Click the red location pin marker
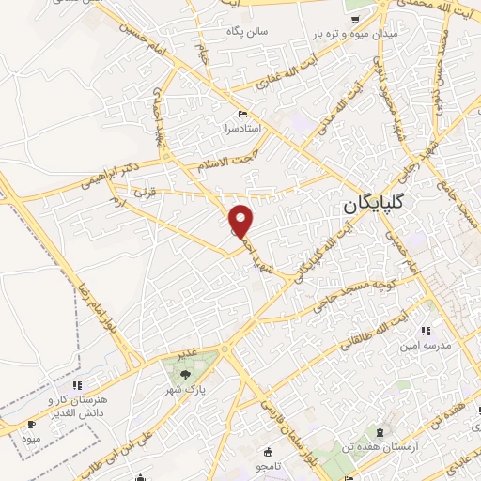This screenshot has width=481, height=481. click(243, 221)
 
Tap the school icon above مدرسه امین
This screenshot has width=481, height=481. click(425, 331)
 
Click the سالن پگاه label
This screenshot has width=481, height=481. click(246, 31)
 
